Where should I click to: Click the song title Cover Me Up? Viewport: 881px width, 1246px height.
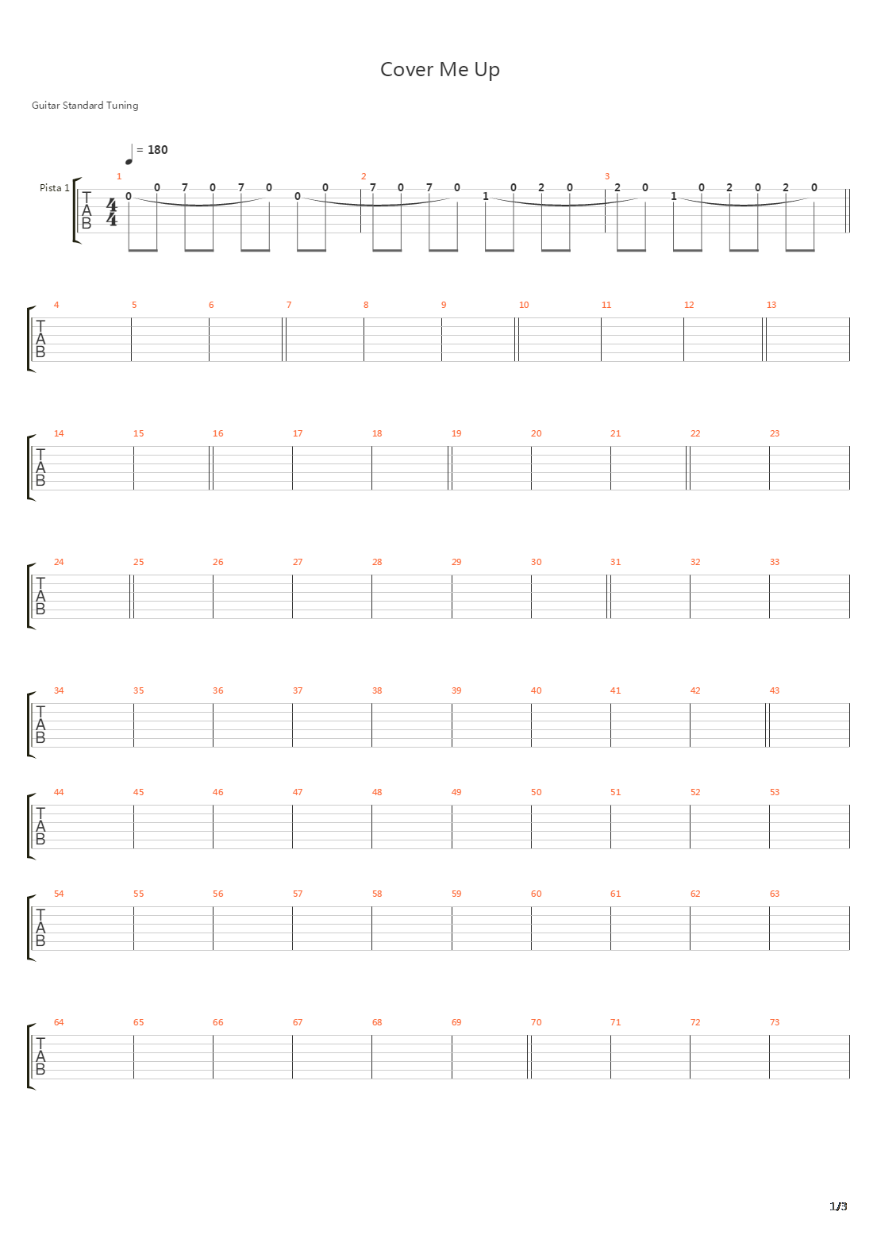pos(440,70)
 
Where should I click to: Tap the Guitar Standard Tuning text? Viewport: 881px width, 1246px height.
pos(85,105)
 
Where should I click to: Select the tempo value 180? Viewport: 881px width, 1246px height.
pos(157,150)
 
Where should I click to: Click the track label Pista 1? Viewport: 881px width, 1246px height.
pos(55,188)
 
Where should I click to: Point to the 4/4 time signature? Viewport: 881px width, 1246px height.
pos(112,213)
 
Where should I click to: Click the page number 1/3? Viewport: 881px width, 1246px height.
pos(838,1206)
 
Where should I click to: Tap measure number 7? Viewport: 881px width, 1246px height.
pos(289,305)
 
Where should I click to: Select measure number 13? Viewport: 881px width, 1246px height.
pos(771,305)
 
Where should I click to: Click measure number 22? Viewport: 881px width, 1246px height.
pos(695,433)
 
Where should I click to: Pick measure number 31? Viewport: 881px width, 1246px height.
pos(615,562)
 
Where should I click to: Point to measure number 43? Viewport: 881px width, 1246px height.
pos(774,690)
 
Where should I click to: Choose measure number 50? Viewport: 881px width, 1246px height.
pos(537,792)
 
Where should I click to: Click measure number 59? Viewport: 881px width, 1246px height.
pos(456,894)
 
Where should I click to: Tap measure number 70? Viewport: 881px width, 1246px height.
pos(537,1022)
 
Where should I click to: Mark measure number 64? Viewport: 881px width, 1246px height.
pos(59,1022)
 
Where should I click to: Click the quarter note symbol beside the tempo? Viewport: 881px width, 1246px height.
pos(129,155)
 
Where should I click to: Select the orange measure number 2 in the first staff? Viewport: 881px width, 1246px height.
pos(364,176)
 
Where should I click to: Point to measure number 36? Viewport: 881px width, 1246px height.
pos(218,690)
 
